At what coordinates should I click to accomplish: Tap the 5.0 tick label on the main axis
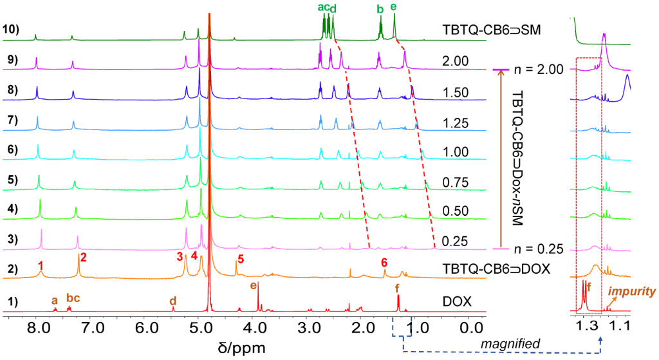tap(201, 327)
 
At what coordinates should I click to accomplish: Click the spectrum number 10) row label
tap(12, 29)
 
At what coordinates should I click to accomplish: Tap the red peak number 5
tap(241, 259)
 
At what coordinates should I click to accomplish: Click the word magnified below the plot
tap(514, 345)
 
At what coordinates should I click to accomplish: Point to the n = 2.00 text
tap(537, 69)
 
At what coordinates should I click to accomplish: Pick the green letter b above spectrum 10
tap(380, 9)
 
